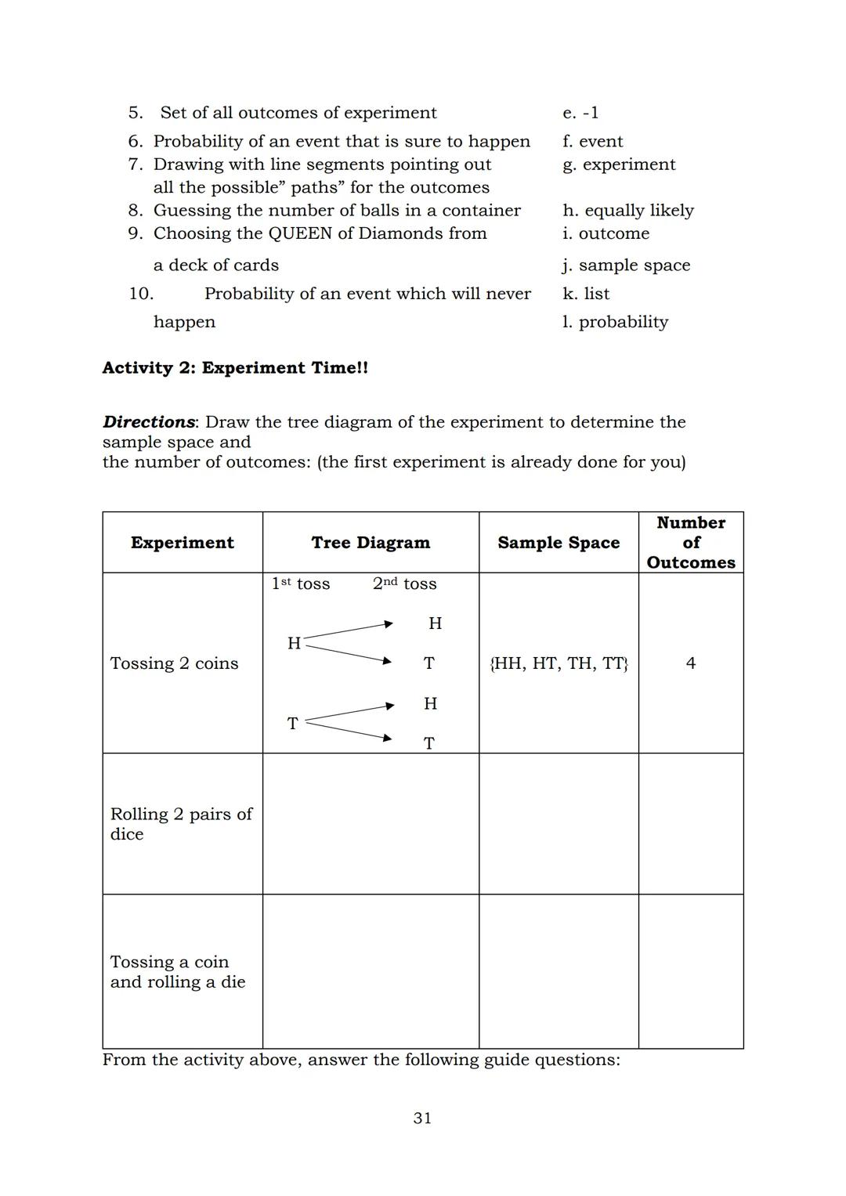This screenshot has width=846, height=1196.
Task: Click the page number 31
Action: (x=422, y=1118)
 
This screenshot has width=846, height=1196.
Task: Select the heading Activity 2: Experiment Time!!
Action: (x=235, y=368)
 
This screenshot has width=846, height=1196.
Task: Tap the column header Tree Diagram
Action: (x=371, y=543)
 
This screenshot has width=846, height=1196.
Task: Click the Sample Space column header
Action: (x=559, y=543)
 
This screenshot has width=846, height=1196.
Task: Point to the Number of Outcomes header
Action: (x=690, y=542)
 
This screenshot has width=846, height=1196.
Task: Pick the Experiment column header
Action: (x=183, y=543)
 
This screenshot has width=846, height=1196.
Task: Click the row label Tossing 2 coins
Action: (x=174, y=663)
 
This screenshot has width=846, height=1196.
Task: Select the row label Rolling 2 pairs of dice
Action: (x=181, y=824)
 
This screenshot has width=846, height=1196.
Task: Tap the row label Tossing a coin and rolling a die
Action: (x=178, y=972)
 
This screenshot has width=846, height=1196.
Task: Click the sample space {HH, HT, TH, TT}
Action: (x=559, y=664)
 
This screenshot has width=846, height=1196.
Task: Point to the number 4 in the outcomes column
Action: (x=690, y=663)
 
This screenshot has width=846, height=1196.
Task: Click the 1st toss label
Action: (x=301, y=584)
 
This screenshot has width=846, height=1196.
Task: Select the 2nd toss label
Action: (x=404, y=584)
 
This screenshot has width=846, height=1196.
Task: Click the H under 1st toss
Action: (x=294, y=644)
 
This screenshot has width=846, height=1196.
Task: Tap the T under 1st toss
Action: (x=292, y=724)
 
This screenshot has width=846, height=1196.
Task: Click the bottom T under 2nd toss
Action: (x=429, y=743)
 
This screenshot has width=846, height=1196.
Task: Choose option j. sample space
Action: (x=626, y=266)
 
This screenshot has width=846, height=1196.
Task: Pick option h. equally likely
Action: (x=627, y=211)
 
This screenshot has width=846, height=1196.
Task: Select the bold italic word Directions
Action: (x=149, y=422)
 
